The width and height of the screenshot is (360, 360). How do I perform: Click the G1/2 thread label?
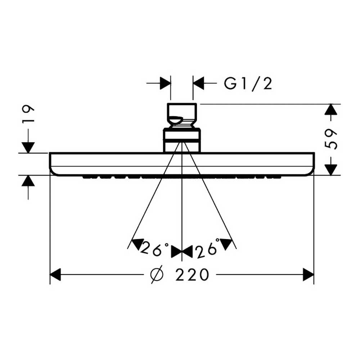(248, 84)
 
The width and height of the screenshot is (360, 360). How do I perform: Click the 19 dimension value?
(28, 114)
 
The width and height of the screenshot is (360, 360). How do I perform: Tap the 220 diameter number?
(192, 275)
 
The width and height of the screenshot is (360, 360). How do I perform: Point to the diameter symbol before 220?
(157, 274)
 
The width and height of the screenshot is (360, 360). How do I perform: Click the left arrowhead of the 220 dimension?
(55, 274)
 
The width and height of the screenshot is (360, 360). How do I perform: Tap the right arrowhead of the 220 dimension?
(308, 274)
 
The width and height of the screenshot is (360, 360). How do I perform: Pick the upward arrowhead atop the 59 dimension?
(330, 110)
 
